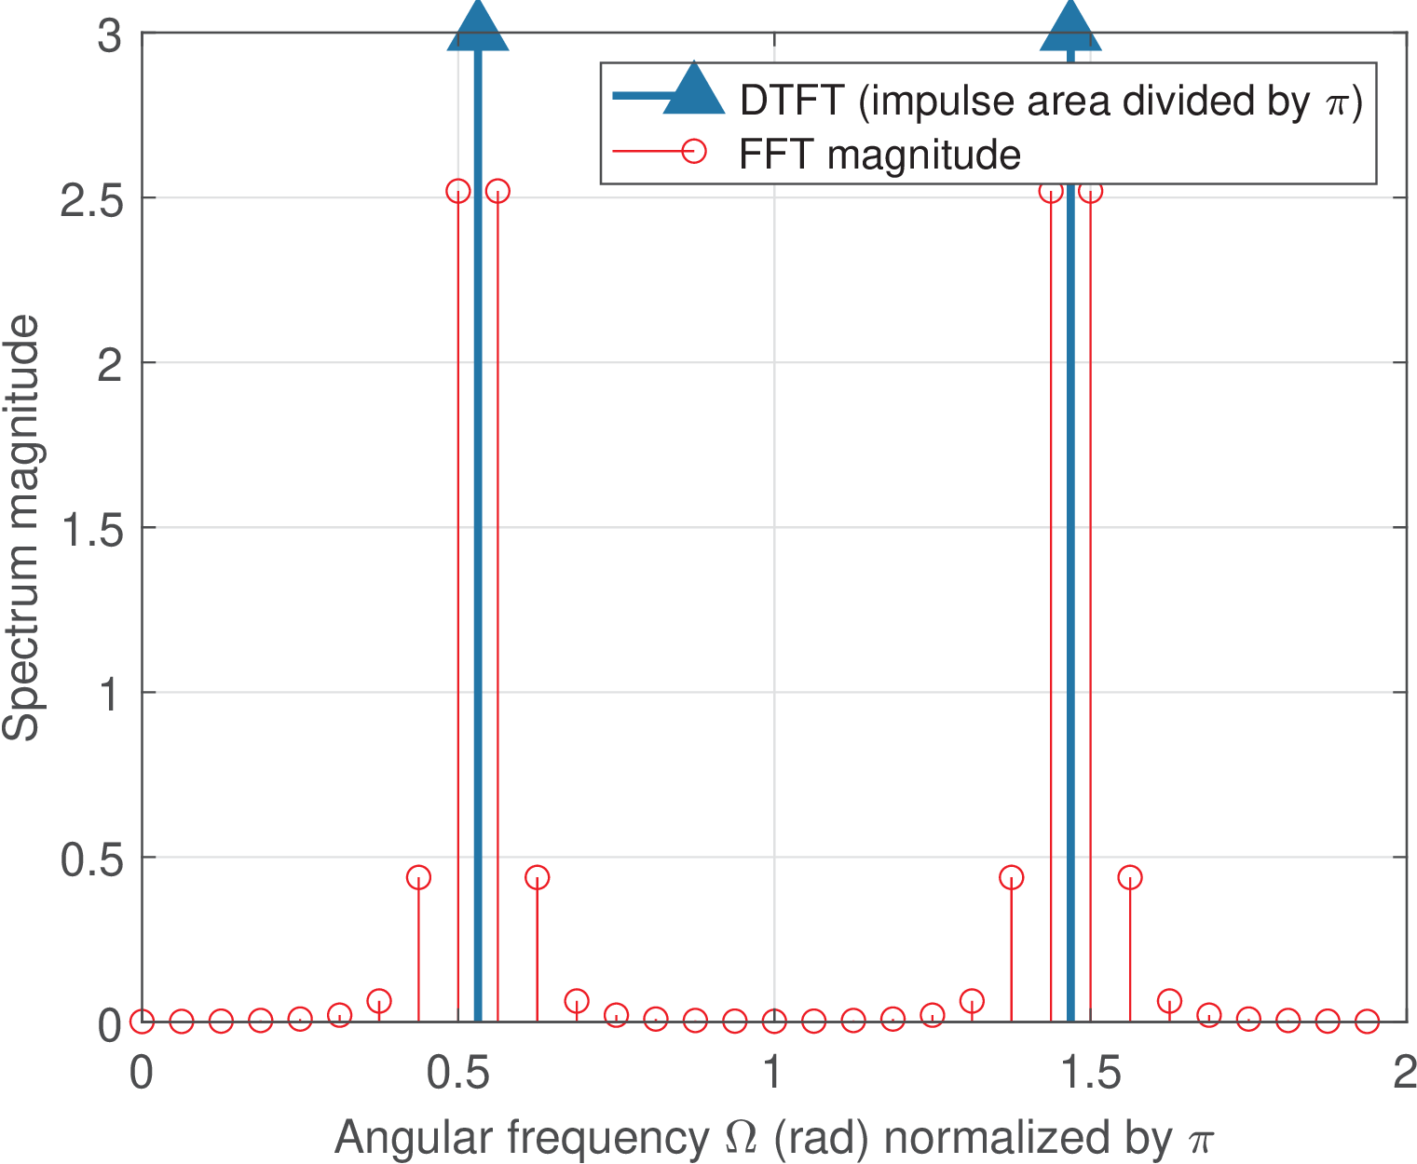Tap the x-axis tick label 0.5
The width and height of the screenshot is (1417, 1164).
point(457,1074)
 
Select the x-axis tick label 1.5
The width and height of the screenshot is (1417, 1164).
point(1090,1074)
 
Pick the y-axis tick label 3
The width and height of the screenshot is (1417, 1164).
point(110,37)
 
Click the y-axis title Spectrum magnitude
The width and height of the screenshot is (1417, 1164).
point(22,527)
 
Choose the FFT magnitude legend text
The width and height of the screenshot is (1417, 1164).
point(879,155)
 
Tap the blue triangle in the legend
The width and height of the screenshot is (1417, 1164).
point(693,91)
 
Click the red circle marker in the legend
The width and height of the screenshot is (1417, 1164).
point(694,150)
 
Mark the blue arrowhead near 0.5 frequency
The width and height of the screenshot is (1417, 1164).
point(478,26)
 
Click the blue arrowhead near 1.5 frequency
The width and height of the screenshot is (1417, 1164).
point(1070,26)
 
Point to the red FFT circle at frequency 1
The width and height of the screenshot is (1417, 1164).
point(774,1022)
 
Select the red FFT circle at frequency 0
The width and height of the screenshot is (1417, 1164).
point(142,1022)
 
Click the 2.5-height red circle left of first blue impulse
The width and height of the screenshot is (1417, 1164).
point(458,191)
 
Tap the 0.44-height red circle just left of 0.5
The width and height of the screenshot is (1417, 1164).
point(418,877)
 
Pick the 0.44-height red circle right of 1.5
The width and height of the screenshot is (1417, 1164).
point(1130,877)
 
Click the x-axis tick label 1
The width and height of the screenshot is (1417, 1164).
point(772,1074)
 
